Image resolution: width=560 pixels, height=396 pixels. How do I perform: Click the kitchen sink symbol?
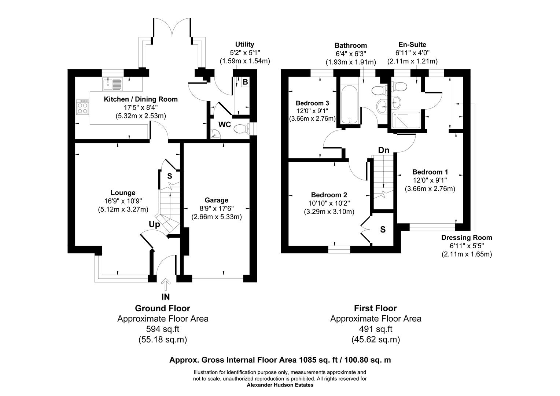click(113, 84)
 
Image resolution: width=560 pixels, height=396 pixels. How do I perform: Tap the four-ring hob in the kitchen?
click(82, 107)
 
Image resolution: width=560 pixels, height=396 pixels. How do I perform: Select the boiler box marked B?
click(245, 82)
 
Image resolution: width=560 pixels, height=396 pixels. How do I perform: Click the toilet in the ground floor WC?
click(242, 129)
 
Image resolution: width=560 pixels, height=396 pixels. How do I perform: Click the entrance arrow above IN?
click(166, 285)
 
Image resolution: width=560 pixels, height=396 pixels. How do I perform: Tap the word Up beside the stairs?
click(154, 224)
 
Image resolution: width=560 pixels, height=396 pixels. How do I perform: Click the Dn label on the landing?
click(383, 150)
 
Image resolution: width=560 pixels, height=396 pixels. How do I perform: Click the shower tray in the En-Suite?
click(407, 120)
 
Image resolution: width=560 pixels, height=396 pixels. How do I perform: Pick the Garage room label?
click(216, 200)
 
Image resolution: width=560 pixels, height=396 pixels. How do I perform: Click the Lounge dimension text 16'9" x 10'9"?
click(123, 201)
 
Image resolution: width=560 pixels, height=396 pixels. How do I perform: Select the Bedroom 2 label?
click(329, 195)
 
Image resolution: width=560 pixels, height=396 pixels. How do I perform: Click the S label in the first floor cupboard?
click(383, 230)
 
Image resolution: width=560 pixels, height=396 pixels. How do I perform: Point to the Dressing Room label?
click(466, 238)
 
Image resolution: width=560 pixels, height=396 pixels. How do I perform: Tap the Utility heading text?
click(244, 44)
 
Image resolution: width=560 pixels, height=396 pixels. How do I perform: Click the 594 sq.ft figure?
click(163, 329)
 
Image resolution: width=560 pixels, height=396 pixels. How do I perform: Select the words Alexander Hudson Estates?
click(280, 385)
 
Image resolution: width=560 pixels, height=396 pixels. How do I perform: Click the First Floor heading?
click(375, 308)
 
